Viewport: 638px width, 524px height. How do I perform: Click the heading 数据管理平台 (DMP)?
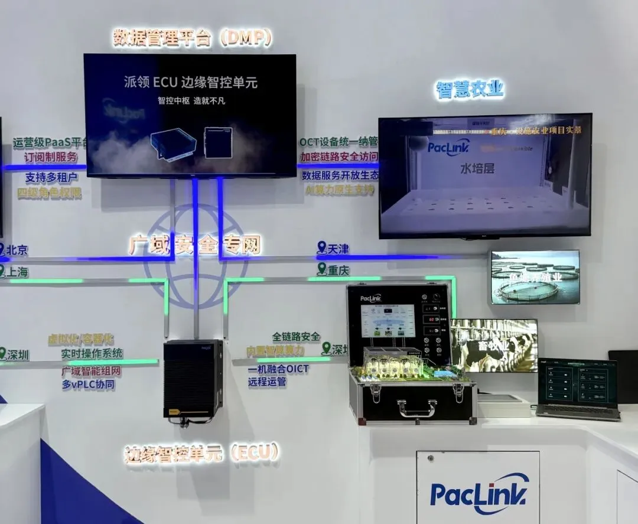click(x=193, y=38)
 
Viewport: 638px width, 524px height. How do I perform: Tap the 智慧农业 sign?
click(x=470, y=90)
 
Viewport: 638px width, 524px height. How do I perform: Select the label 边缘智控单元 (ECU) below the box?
click(x=201, y=454)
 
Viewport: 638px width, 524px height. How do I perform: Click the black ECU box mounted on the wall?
click(x=193, y=379)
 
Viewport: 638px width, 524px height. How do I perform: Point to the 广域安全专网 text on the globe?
click(x=194, y=245)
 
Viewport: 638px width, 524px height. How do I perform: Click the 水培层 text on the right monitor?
click(x=477, y=168)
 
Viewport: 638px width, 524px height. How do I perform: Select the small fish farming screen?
click(x=535, y=277)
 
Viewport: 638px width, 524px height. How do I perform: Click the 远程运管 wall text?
click(x=267, y=382)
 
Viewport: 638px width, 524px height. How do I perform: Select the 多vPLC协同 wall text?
click(x=88, y=385)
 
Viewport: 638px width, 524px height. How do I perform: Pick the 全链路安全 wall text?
click(x=296, y=337)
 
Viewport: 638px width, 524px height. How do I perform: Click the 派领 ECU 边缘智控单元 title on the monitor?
click(x=191, y=83)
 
